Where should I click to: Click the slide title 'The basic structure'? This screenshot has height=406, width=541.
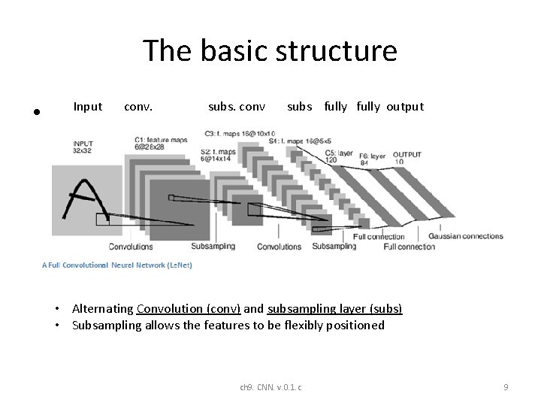[x=270, y=51]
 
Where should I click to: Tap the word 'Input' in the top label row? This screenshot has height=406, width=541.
[x=88, y=107]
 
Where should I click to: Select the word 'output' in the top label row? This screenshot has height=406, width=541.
[x=405, y=107]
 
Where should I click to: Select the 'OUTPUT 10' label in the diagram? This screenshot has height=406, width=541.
[x=408, y=157]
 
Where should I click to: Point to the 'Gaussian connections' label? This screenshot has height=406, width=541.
[x=466, y=236]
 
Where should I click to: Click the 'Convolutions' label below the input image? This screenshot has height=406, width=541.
[x=130, y=246]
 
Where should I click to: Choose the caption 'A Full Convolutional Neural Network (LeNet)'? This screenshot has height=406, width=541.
[x=117, y=265]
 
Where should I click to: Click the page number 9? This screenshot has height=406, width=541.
[x=506, y=386]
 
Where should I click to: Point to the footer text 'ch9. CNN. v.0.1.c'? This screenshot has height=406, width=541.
[x=270, y=386]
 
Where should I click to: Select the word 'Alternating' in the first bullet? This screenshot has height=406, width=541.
[x=102, y=309]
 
